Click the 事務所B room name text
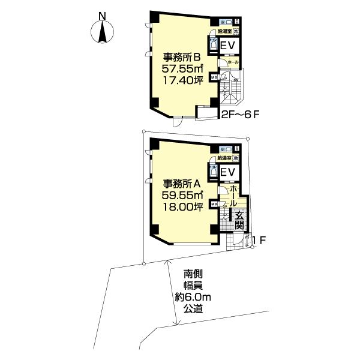coord(182,58)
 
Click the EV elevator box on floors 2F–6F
coord(228,47)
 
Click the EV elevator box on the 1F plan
coord(227,173)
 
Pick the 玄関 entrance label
coord(239,220)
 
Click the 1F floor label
coord(259,241)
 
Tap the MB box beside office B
coord(214,77)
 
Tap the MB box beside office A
coord(214,204)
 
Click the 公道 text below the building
coord(194,310)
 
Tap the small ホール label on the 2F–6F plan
coord(234,62)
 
